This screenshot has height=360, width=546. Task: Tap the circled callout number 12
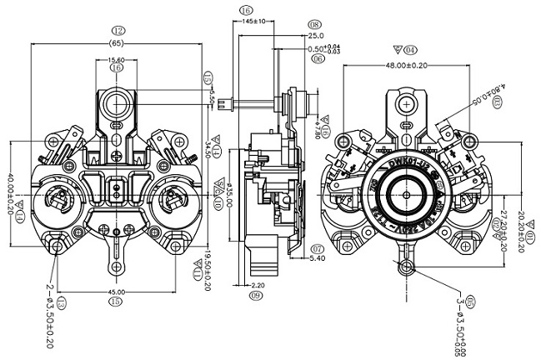[x=117, y=30]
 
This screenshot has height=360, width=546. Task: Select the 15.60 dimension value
[x=117, y=59]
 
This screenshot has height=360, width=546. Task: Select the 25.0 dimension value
[x=316, y=37]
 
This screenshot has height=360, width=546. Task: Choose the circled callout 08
[x=315, y=25]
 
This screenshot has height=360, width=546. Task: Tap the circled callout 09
[x=257, y=296]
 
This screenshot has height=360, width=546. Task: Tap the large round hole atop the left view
[x=116, y=102]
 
